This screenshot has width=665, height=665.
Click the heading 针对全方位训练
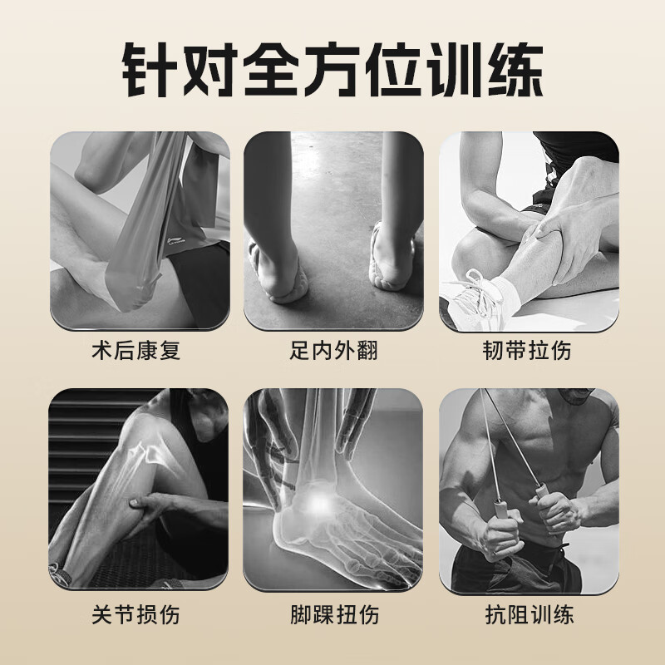[332, 66]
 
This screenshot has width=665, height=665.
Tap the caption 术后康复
[136, 350]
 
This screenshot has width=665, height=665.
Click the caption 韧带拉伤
[529, 350]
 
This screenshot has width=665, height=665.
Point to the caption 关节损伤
[136, 615]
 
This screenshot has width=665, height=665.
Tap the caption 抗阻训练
[529, 615]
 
